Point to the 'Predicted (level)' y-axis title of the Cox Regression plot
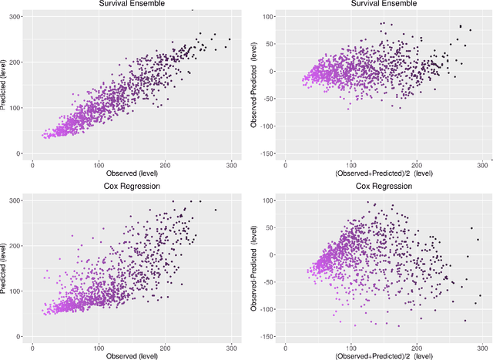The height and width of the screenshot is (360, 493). (x=5, y=264)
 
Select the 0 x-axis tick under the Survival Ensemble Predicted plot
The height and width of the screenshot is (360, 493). (x=32, y=164)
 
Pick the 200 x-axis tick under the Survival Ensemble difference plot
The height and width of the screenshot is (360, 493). (x=417, y=164)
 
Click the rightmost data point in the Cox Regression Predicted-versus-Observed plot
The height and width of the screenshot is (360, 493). (x=215, y=210)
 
